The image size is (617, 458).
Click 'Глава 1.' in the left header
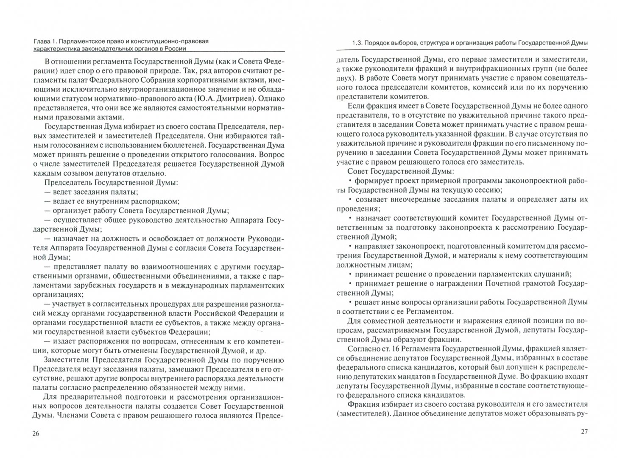(44, 41)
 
